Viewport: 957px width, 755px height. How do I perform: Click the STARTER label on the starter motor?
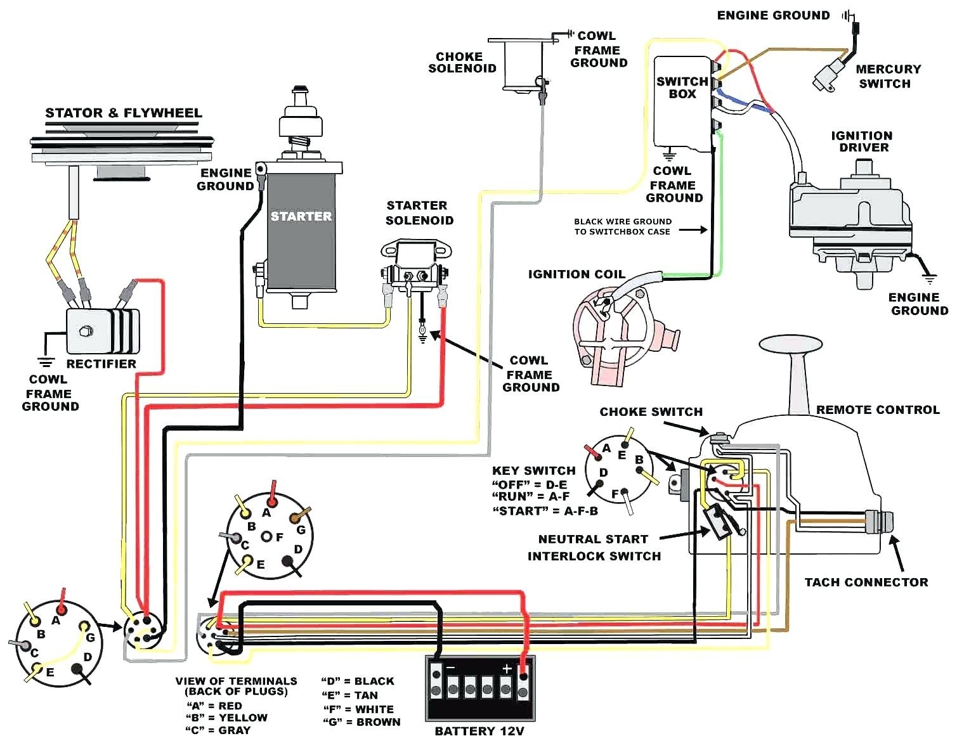pos(301,216)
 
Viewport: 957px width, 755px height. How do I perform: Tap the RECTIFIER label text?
pos(101,364)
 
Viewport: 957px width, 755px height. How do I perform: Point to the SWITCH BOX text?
pos(682,87)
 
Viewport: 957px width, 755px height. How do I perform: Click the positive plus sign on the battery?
pos(507,668)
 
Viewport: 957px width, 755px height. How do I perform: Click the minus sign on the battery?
pos(451,668)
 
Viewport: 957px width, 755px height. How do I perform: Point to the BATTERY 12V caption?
pos(479,731)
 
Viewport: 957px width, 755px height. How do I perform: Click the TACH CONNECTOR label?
pos(866,582)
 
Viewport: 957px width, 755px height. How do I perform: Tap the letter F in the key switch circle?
pos(615,494)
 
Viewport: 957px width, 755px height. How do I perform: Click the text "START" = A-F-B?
pos(544,511)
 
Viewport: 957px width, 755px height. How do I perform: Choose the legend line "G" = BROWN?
pos(361,721)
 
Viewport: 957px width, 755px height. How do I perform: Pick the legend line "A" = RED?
pos(214,706)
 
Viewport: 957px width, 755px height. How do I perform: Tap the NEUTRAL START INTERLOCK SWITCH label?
pos(593,547)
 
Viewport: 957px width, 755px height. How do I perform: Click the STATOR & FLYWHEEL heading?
pos(123,113)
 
